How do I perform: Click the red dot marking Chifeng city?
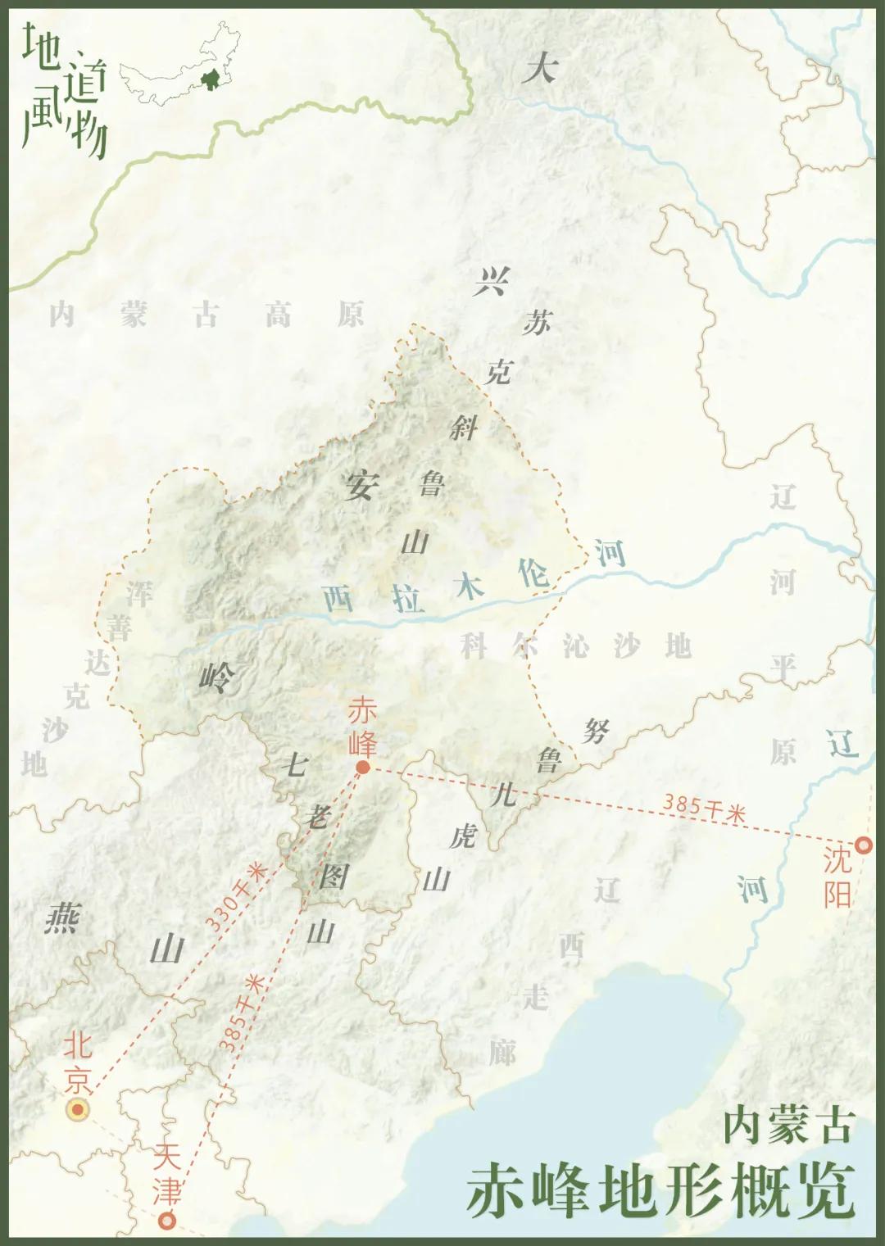[362, 768]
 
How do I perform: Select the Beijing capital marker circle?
[78, 1110]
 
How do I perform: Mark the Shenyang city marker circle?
[863, 845]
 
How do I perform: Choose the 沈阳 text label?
[837, 877]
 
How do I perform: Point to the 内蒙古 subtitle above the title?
[788, 1126]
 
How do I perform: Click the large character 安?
[361, 486]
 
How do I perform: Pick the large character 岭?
[216, 677]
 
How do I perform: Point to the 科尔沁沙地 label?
[576, 646]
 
